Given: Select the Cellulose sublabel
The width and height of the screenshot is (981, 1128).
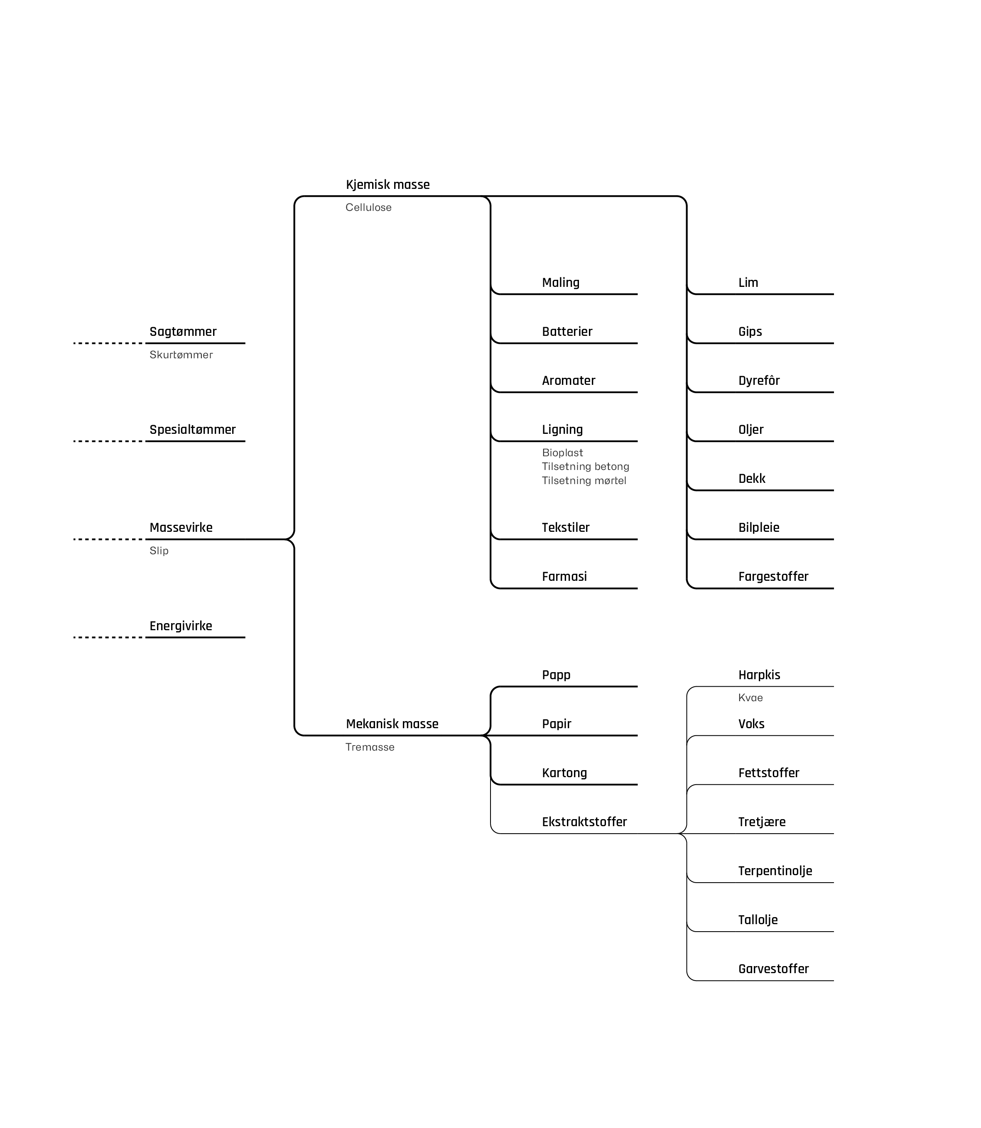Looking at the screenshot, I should pos(368,208).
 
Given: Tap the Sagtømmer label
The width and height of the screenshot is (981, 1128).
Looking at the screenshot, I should pos(183,332).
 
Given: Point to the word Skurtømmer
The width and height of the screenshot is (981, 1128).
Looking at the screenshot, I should pos(181,355).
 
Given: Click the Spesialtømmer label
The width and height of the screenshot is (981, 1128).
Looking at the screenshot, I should pos(192,430).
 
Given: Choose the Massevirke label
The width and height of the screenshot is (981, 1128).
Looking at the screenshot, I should pos(181,528).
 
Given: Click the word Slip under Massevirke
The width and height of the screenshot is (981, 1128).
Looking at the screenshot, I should pos(159,551).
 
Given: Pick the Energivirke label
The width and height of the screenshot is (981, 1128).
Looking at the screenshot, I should pos(181,626).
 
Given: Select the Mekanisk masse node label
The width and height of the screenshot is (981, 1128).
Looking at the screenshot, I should pos(392,724).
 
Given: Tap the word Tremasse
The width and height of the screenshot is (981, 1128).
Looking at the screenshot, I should pos(370,747).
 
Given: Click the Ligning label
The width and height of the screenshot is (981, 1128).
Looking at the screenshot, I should pos(562,430).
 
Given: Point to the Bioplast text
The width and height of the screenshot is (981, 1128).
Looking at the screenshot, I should pos(562,453).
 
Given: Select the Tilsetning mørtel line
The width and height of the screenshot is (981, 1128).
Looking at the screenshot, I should pos(584,480).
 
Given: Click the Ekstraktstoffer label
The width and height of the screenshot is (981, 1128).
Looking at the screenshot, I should pos(584,822).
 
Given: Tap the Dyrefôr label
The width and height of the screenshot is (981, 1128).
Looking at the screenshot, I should pos(759,380).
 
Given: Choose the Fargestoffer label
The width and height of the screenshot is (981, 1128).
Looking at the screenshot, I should pos(773,576).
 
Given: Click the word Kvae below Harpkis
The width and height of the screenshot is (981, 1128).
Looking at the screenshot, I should pos(750,698).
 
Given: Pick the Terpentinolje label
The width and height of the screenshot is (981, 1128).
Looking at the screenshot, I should pos(775,871).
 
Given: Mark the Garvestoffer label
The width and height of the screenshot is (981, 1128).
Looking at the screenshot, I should pos(773,969).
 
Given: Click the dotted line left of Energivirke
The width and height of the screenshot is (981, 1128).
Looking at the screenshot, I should pos(108,637).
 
